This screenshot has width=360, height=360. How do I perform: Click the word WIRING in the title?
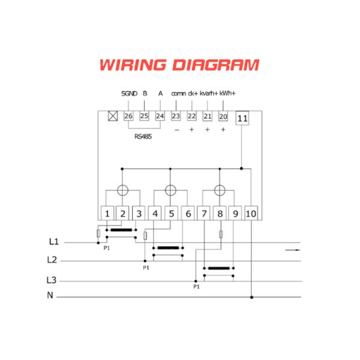pos(133,65)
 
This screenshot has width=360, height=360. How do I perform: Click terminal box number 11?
pos(242,118)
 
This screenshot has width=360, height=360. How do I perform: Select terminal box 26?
pos(128,116)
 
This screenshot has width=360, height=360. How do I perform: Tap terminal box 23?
pos(176,116)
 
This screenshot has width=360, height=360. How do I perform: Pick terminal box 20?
pos(223,116)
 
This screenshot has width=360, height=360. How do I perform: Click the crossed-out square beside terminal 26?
pos(113,116)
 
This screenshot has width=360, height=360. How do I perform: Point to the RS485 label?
pos(143,137)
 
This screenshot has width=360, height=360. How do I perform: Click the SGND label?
pos(129,94)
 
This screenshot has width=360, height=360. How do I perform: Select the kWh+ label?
pos(227,94)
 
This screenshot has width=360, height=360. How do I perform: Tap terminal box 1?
pos(107,213)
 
